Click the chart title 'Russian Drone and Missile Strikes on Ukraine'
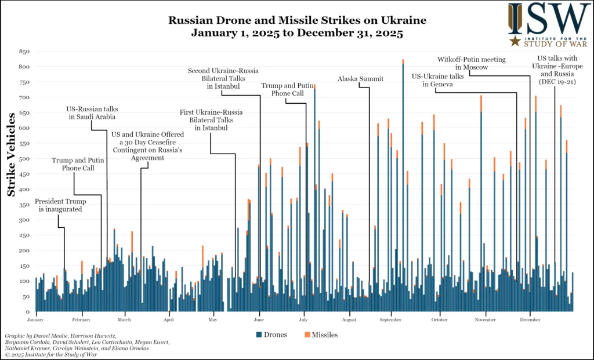297,20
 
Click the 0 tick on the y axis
27,311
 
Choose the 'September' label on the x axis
391,319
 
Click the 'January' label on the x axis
35,319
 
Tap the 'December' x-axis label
530,319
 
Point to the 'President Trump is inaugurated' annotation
60,205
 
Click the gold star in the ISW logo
514,41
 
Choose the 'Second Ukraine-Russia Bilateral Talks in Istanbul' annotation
223,78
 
